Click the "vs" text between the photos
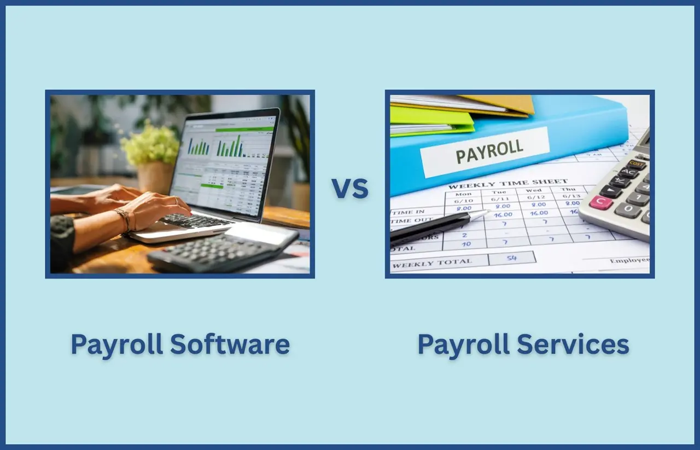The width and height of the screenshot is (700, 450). pos(350,188)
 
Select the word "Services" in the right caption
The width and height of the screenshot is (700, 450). pos(573,344)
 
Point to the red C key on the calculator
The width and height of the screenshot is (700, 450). pos(601,202)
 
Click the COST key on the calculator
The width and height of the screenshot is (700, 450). pos(637,164)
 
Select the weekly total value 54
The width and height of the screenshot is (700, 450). pos(512,258)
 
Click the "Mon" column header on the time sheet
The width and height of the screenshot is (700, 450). pos(463,194)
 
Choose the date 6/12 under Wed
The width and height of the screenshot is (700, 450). pos(534,197)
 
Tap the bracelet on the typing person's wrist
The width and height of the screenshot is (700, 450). pos(124,219)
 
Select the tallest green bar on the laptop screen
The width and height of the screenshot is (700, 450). pos(238,145)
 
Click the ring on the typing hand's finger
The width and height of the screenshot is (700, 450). pos(176,200)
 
